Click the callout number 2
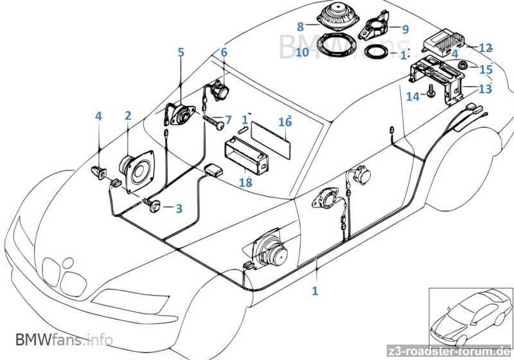128,116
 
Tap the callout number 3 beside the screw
179,208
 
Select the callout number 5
181,52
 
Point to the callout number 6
224,52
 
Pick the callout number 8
300,26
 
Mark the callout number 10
301,52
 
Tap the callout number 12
485,48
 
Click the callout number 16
285,122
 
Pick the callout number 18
245,183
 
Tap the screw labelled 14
431,93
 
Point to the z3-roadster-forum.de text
457,350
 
